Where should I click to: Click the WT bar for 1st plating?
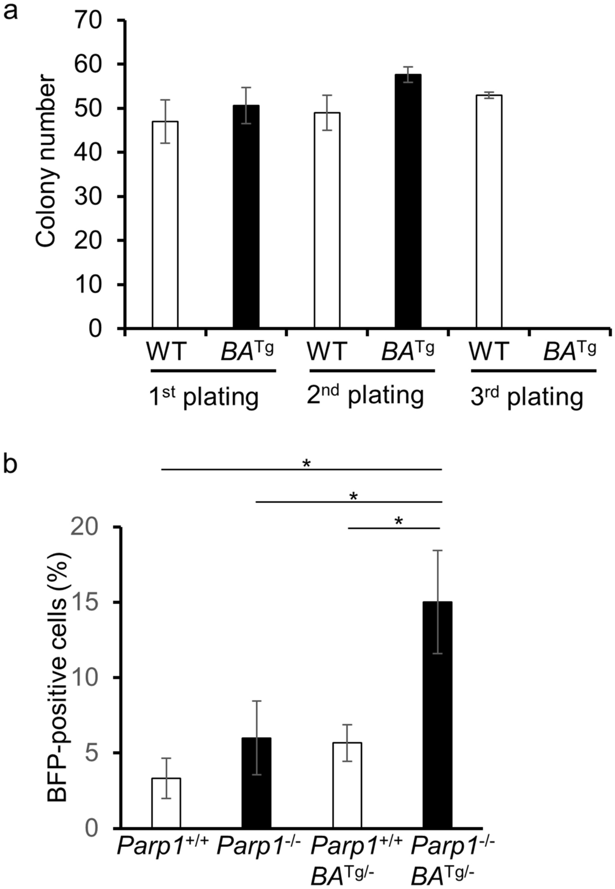pyautogui.click(x=165, y=225)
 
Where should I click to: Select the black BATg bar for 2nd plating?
pyautogui.click(x=408, y=201)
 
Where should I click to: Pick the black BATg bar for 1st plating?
pyautogui.click(x=246, y=217)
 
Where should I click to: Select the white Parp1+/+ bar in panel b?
pyautogui.click(x=166, y=803)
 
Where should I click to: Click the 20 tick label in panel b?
pyautogui.click(x=87, y=528)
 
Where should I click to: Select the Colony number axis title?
pyautogui.click(x=46, y=162)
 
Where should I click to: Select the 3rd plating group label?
pyautogui.click(x=527, y=397)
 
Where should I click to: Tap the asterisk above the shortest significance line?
pyautogui.click(x=398, y=521)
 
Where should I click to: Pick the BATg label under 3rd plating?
pyautogui.click(x=569, y=350)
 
